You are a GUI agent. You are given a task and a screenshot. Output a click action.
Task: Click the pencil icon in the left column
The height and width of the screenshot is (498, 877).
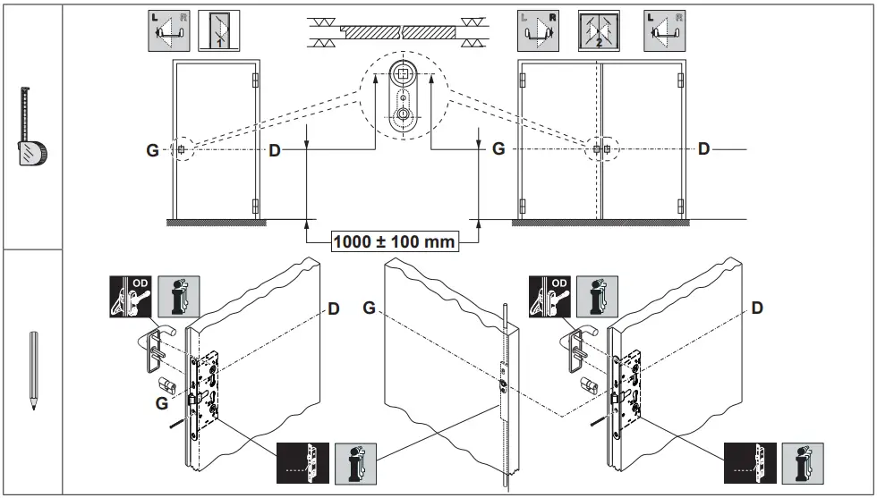(x=32, y=370)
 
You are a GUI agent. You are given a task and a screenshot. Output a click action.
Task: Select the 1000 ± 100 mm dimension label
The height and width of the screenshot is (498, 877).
(x=394, y=241)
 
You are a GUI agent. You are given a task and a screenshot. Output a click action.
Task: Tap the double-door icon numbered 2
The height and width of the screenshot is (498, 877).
(x=595, y=30)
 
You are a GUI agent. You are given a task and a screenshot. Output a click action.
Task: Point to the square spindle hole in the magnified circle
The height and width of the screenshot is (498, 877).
(x=404, y=73)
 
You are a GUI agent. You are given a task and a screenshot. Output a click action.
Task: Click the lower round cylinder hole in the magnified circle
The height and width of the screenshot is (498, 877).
(x=404, y=114)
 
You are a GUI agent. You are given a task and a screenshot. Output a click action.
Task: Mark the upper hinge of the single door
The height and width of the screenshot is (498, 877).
(x=256, y=80)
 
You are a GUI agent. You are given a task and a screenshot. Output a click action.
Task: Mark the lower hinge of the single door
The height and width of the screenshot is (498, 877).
(x=256, y=207)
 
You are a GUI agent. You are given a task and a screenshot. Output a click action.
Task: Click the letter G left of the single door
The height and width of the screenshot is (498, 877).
(x=153, y=150)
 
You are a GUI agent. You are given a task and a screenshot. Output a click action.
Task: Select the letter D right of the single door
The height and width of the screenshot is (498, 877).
(x=275, y=150)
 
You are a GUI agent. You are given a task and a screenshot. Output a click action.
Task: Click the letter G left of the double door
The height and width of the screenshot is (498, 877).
(x=498, y=149)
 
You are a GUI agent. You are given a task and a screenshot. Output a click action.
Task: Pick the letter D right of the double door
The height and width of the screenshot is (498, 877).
(x=703, y=149)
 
